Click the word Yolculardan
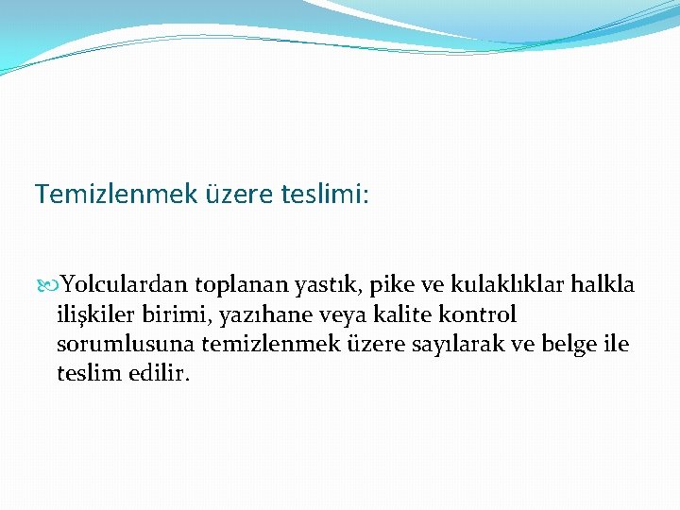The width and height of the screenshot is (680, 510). (124, 285)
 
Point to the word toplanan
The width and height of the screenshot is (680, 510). (236, 285)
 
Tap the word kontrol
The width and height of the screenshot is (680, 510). (481, 314)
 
